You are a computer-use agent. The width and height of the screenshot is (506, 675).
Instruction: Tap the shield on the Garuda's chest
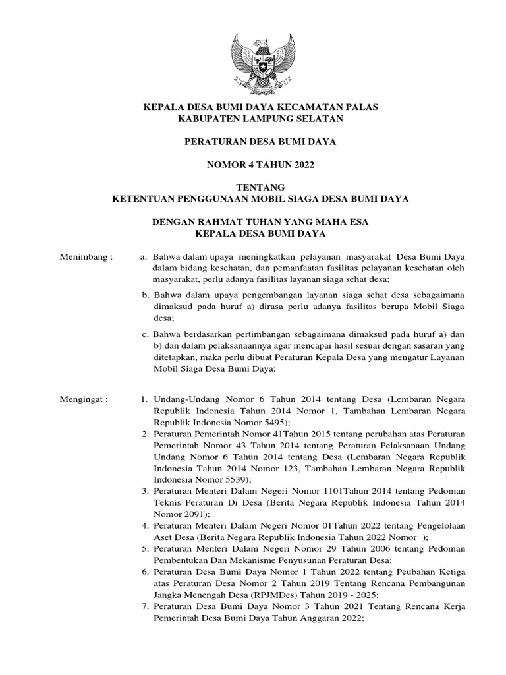[x=262, y=66]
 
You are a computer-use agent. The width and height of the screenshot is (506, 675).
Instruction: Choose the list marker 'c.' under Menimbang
[x=146, y=334]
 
